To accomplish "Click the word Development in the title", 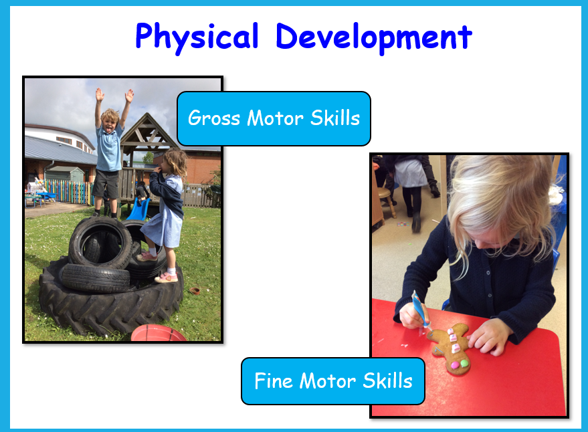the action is click(374, 37).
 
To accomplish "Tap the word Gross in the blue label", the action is click(214, 118).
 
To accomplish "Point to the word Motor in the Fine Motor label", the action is click(327, 381).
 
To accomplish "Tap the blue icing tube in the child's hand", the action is click(421, 310).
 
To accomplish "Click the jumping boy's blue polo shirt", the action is click(109, 148).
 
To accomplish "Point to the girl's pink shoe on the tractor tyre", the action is click(166, 278).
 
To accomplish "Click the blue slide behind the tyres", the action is click(138, 209).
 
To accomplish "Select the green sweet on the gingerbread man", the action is click(464, 363).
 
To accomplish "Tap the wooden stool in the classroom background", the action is click(387, 203).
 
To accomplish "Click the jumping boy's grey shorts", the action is click(106, 183).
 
